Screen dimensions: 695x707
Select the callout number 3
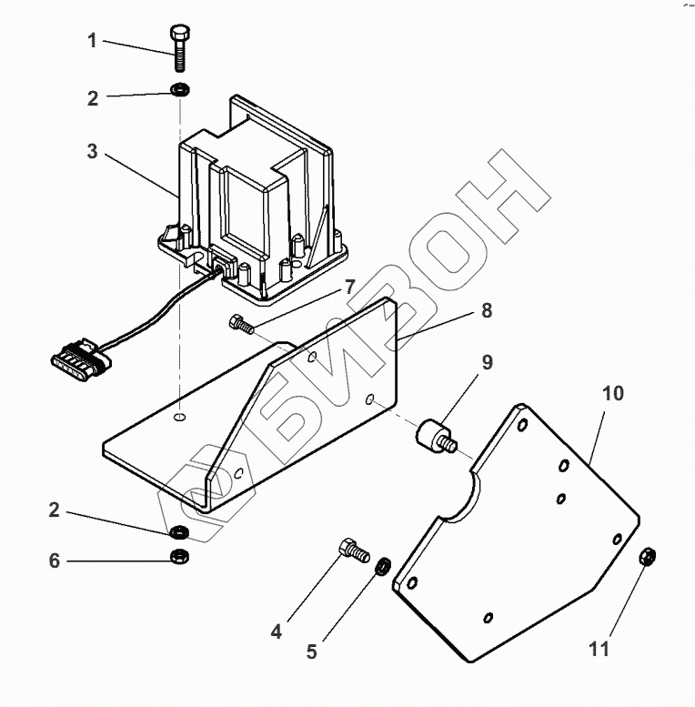click(x=93, y=152)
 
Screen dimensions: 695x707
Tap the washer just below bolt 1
click(x=179, y=91)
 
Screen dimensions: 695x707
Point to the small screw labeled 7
click(x=238, y=322)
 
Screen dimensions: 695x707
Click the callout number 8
click(x=487, y=311)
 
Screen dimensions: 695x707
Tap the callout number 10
click(x=613, y=393)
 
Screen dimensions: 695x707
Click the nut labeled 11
click(x=649, y=554)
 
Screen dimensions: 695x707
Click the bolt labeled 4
click(x=351, y=549)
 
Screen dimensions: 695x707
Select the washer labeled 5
click(x=383, y=567)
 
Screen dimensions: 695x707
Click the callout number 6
click(x=55, y=561)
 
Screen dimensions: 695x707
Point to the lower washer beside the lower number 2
click(x=179, y=532)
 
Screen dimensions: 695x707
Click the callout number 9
click(x=487, y=363)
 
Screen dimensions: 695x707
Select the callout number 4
click(x=276, y=630)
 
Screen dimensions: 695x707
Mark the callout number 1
click(x=93, y=40)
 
